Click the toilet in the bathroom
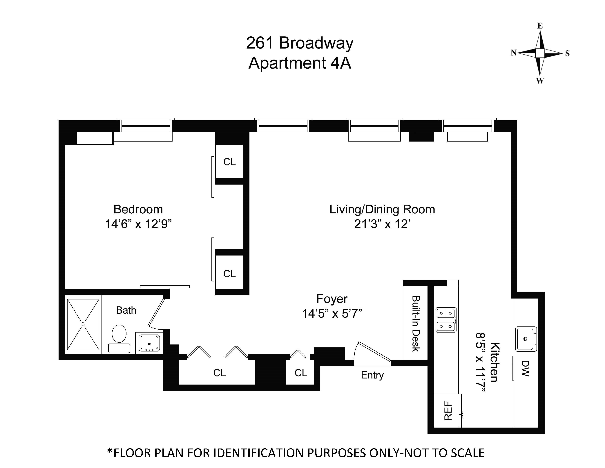tap(119, 338)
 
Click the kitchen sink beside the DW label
tap(526, 339)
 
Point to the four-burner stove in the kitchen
tap(446, 320)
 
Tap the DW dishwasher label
tap(525, 368)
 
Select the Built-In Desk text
tap(416, 324)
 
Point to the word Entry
tap(372, 375)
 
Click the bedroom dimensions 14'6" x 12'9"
tap(138, 224)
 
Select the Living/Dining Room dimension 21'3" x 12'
tap(382, 224)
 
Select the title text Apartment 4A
tap(300, 63)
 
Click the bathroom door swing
tap(156, 313)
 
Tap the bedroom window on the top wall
tap(145, 125)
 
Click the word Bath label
tap(126, 310)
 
